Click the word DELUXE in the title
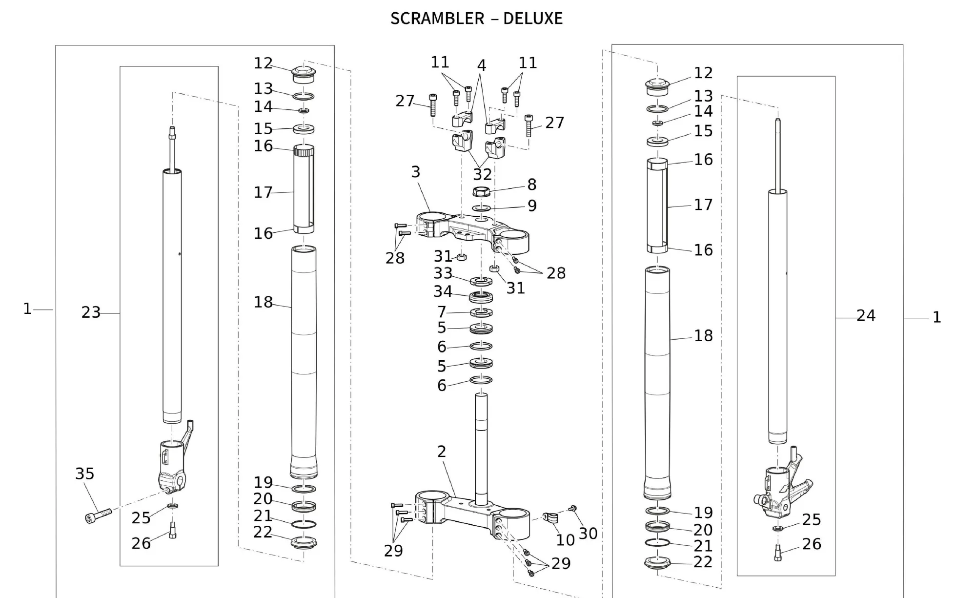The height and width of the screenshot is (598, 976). pyautogui.click(x=532, y=19)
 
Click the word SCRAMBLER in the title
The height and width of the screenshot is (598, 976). pyautogui.click(x=437, y=19)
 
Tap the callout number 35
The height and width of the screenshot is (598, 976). pyautogui.click(x=84, y=473)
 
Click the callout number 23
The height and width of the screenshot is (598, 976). pyautogui.click(x=91, y=312)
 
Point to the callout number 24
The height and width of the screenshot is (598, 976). pyautogui.click(x=866, y=315)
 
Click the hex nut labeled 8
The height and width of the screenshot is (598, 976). pyautogui.click(x=481, y=192)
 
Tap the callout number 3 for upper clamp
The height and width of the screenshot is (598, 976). pyautogui.click(x=415, y=172)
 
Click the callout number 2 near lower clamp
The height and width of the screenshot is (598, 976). pyautogui.click(x=441, y=452)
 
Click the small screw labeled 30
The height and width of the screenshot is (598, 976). pyautogui.click(x=573, y=509)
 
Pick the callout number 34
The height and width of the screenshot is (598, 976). pyautogui.click(x=443, y=291)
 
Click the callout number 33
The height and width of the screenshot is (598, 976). pyautogui.click(x=443, y=273)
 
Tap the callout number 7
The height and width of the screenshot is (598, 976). pyautogui.click(x=441, y=311)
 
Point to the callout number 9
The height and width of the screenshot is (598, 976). pyautogui.click(x=532, y=206)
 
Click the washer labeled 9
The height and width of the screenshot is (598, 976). pyautogui.click(x=481, y=208)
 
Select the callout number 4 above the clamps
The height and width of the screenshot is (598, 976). pyautogui.click(x=481, y=65)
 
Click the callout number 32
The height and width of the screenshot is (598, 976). pyautogui.click(x=482, y=174)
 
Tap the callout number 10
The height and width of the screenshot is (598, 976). pyautogui.click(x=565, y=540)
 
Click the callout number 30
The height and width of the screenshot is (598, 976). pyautogui.click(x=588, y=534)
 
